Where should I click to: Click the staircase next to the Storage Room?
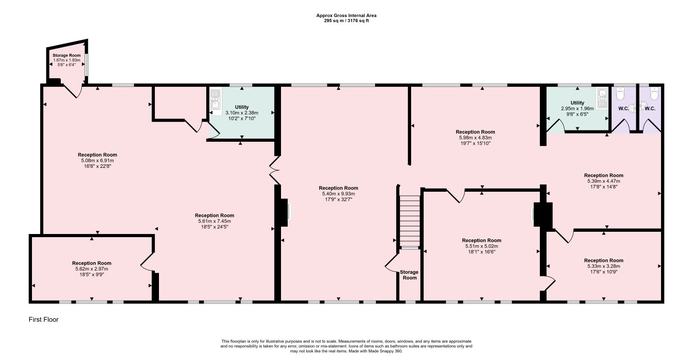point(410,221)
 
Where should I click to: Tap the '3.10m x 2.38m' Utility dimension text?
point(242,113)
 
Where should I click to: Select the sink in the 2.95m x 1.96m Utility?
point(602,99)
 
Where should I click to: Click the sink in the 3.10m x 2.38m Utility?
point(216,99)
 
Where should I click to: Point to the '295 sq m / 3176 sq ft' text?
point(346,21)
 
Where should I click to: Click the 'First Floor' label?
point(44,319)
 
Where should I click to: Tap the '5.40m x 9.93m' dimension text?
point(339,193)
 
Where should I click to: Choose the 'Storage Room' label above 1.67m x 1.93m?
point(67,55)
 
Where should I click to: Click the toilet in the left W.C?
point(621,94)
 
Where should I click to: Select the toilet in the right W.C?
point(654,94)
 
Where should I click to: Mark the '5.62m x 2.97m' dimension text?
point(91,269)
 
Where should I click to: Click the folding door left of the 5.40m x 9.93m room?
point(274,170)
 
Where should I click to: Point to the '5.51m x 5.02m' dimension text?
point(482,246)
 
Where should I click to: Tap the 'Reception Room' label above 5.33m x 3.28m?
point(603,261)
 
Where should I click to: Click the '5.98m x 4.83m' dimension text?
point(476,138)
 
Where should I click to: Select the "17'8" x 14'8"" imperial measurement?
point(603,187)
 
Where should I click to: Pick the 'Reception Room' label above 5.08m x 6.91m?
point(97,155)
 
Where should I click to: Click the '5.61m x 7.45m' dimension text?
point(214,221)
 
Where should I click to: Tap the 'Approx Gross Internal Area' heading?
point(346,15)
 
